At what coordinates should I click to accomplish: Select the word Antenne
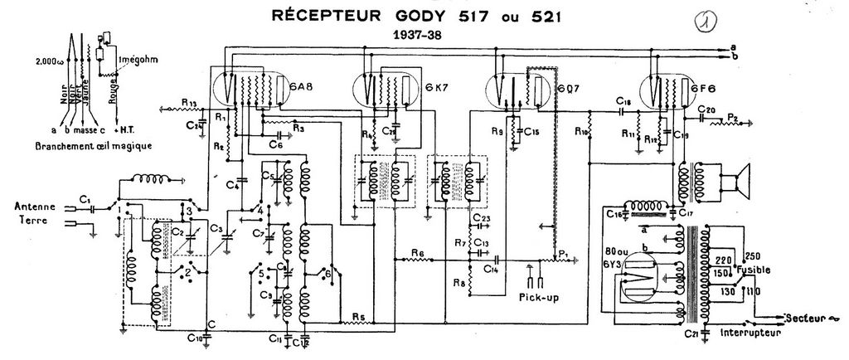click(35, 206)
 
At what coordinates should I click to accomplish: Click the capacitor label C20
click(706, 110)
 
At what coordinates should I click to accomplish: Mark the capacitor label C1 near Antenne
click(86, 198)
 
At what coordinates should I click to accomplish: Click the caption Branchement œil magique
click(80, 145)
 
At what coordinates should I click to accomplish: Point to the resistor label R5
click(357, 315)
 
